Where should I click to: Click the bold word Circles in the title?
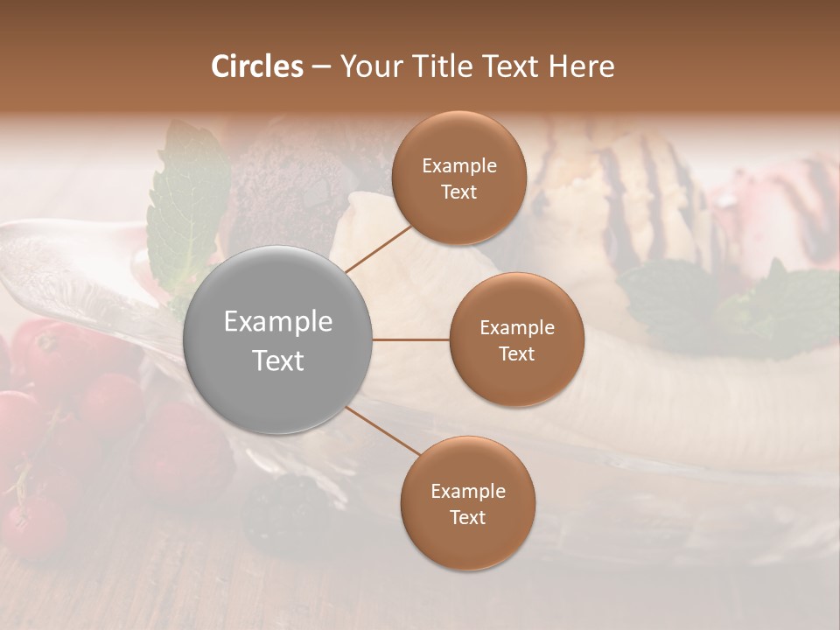tap(256, 66)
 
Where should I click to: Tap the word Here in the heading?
tap(581, 66)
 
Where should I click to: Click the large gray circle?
tap(278, 339)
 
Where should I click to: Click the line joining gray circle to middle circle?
tap(411, 339)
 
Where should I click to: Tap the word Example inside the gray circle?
tap(278, 321)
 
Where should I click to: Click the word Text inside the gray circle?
tap(278, 360)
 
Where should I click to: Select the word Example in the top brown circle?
tap(459, 165)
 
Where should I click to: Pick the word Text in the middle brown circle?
tap(516, 353)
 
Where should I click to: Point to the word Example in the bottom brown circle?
tap(468, 491)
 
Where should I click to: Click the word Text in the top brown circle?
tap(458, 192)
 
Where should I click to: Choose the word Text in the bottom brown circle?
tap(467, 517)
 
